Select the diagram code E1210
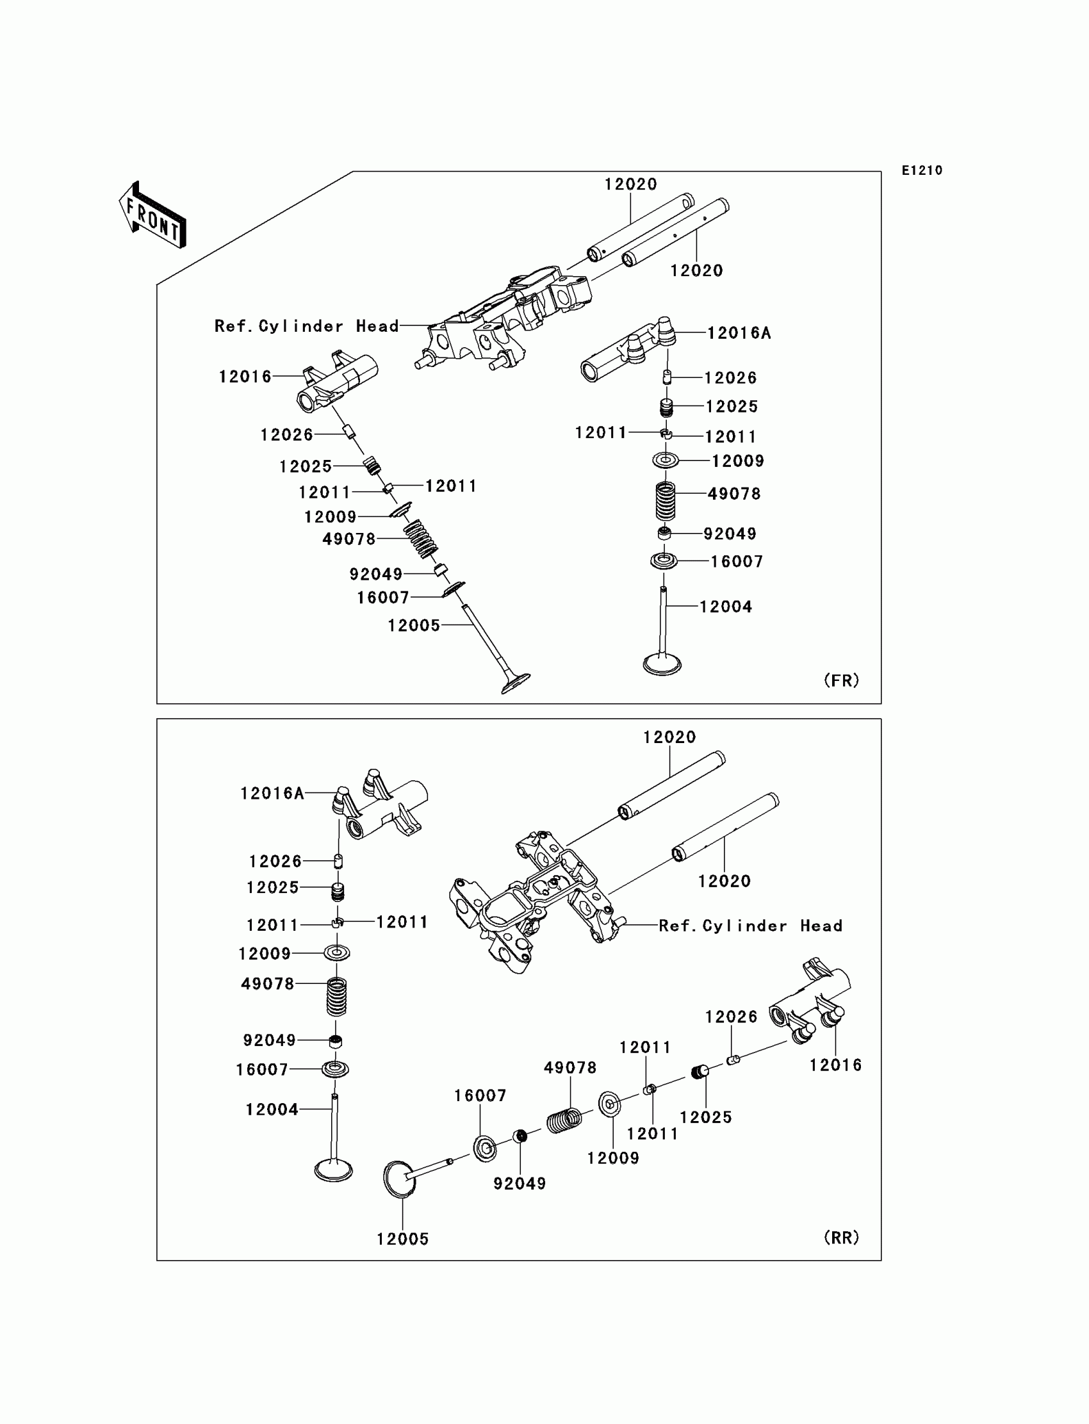[922, 170]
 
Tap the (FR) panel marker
[841, 680]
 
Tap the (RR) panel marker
[841, 1238]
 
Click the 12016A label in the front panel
[739, 333]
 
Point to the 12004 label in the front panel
[725, 607]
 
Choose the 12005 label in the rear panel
[402, 1239]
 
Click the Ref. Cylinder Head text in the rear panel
[751, 926]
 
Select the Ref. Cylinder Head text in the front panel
[307, 326]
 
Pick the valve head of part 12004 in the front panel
[662, 664]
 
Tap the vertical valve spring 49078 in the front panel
[665, 500]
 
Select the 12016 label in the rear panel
[835, 1065]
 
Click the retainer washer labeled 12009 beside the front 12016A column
[665, 460]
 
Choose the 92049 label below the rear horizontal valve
[520, 1184]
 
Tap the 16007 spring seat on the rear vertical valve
[336, 1069]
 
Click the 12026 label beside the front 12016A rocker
[730, 378]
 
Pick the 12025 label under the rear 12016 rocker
[705, 1117]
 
